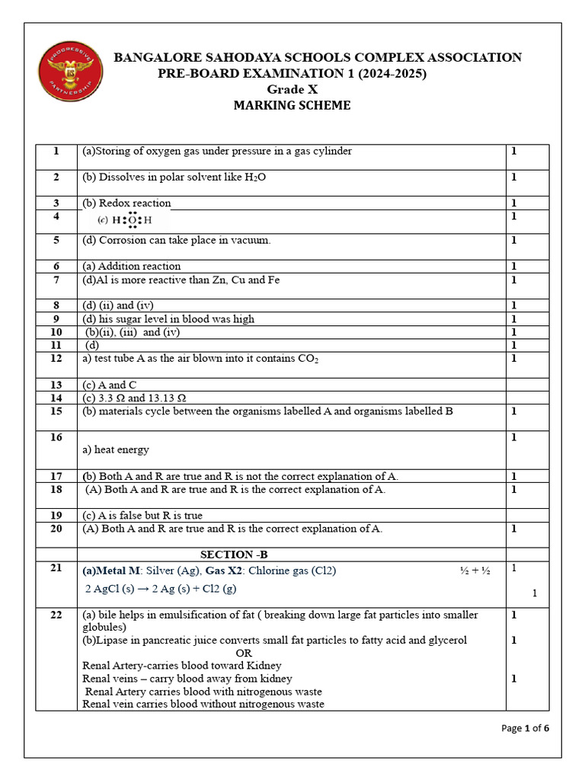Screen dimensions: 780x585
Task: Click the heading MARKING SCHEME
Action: (292, 106)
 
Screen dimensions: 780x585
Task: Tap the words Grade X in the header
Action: (292, 89)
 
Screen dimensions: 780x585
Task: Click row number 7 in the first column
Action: (56, 280)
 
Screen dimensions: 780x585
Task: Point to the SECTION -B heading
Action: (234, 555)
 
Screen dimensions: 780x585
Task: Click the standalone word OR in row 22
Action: (244, 654)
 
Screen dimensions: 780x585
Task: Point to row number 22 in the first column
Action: (56, 615)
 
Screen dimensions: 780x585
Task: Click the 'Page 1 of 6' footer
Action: (525, 728)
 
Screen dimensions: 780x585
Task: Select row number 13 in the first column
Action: (56, 385)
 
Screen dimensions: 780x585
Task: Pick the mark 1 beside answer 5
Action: (514, 241)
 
